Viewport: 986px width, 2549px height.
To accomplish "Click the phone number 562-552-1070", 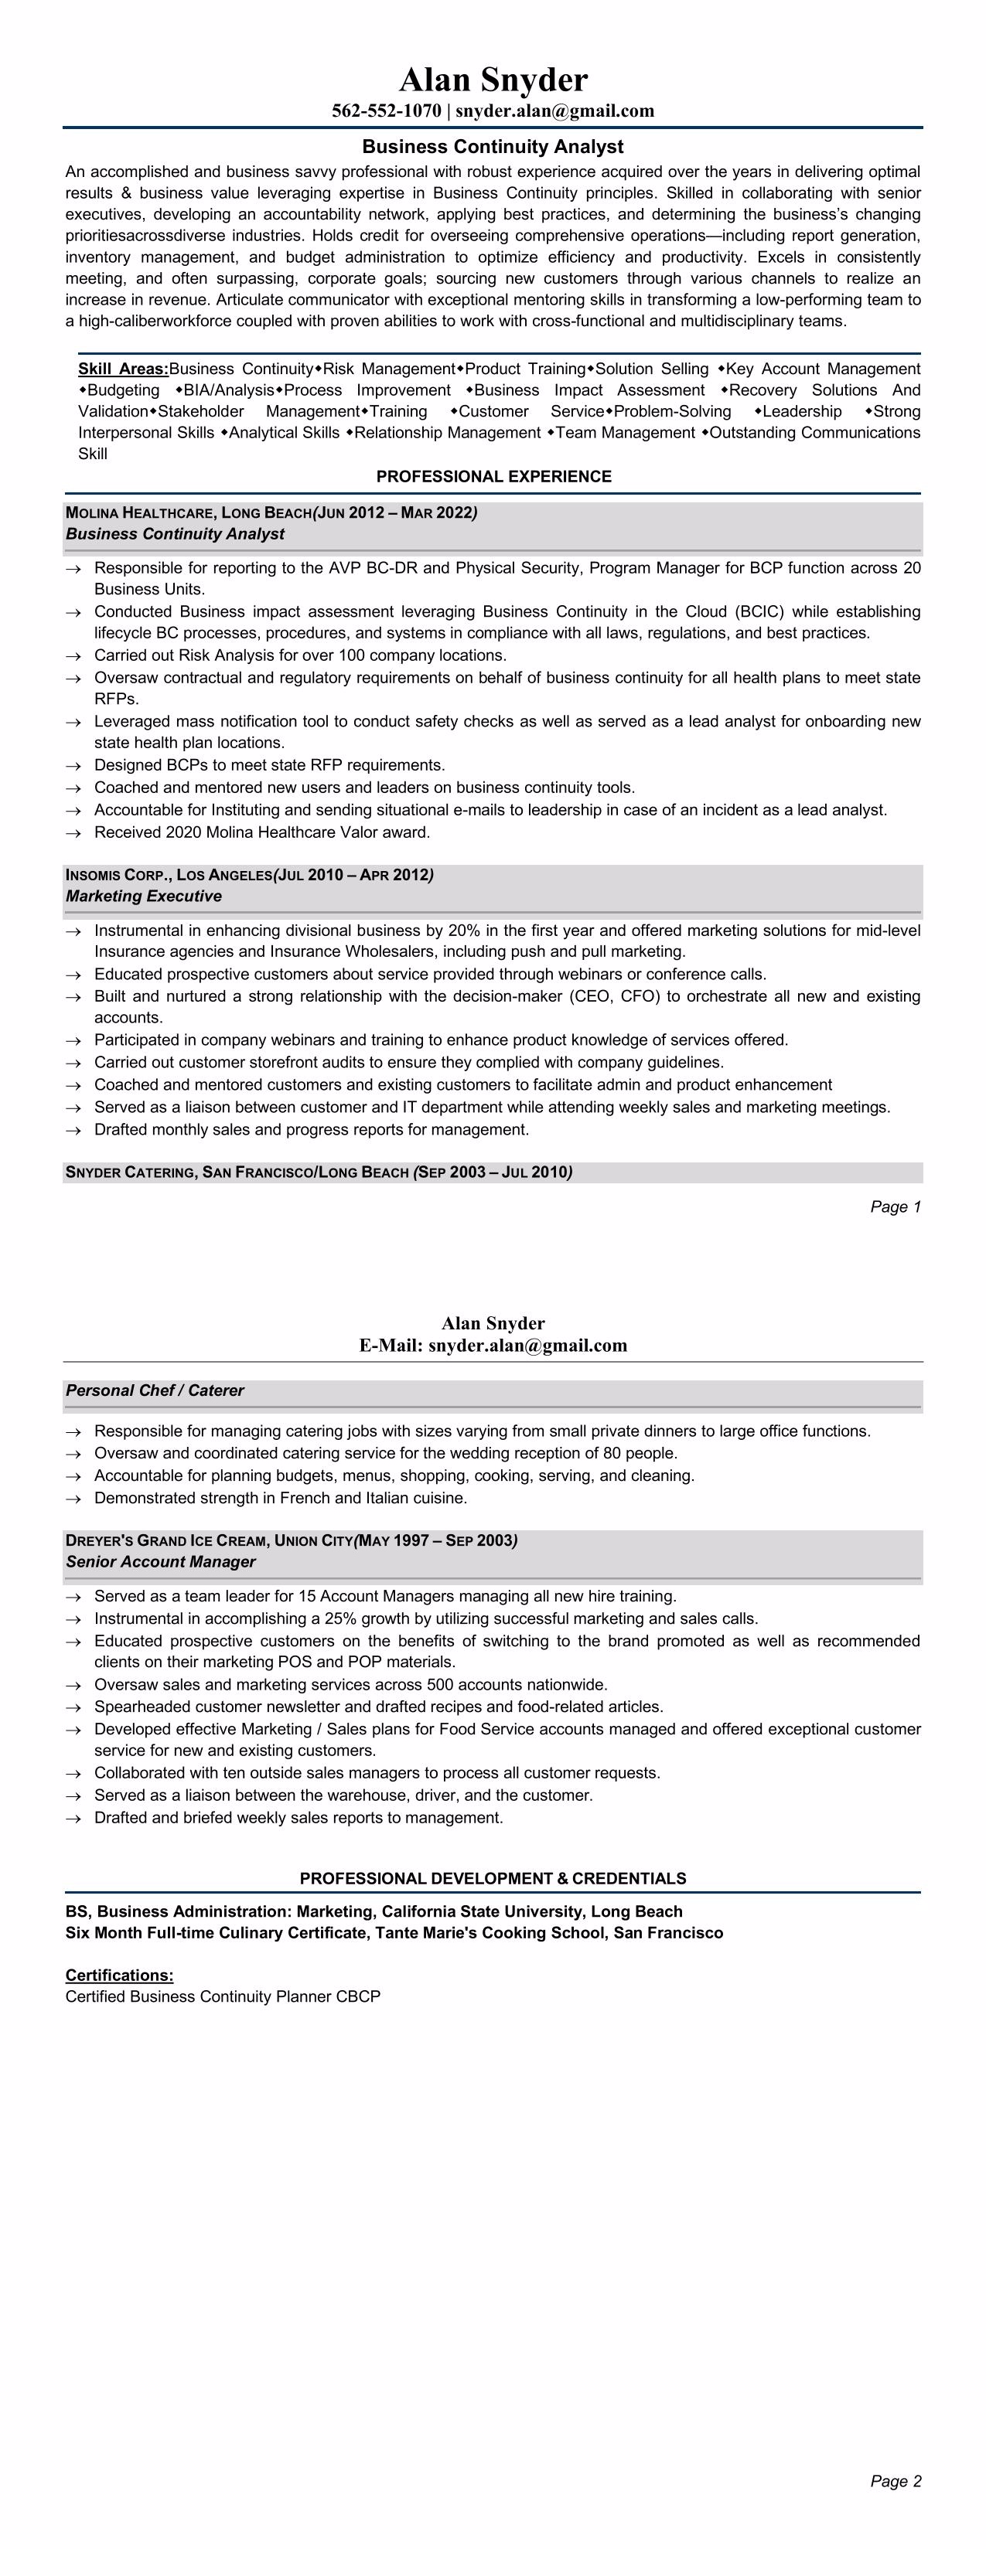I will tap(386, 111).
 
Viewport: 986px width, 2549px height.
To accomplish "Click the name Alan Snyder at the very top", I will tap(493, 79).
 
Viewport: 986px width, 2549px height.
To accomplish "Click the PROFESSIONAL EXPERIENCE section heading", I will tap(493, 477).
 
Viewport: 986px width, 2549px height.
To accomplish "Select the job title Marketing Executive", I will tap(144, 897).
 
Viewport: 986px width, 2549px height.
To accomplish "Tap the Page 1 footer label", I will tap(895, 1207).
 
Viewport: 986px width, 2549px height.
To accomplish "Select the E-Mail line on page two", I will tap(493, 1346).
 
